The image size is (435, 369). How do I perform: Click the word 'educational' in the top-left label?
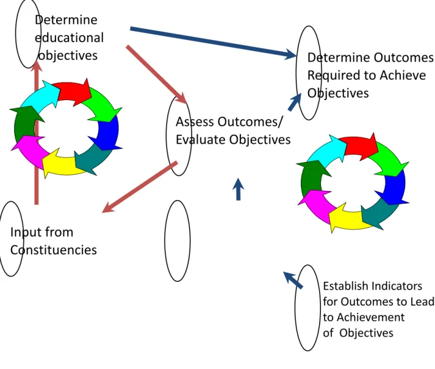tap(70, 38)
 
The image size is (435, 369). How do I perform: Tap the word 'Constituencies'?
tap(54, 250)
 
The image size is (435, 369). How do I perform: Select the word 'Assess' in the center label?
tap(195, 122)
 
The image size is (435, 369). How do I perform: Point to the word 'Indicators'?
tap(397, 286)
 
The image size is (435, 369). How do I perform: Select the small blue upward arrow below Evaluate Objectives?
tap(239, 189)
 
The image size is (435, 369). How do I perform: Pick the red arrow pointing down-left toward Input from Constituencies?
tap(140, 187)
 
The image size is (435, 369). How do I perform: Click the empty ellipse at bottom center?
tap(178, 241)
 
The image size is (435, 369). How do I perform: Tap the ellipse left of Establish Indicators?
tap(307, 308)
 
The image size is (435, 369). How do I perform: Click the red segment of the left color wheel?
tap(74, 91)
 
